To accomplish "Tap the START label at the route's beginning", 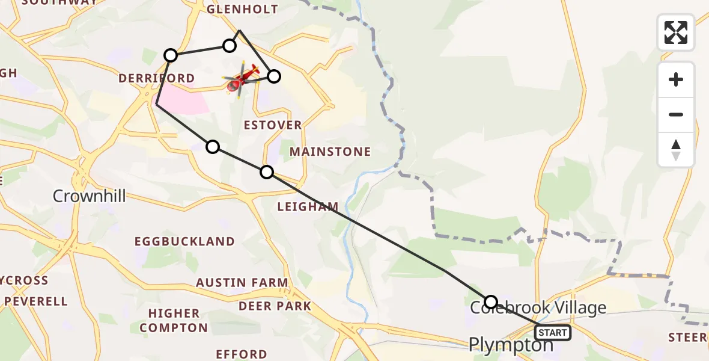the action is [x=553, y=332].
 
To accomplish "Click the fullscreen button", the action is [x=676, y=32].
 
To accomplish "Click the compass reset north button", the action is [x=676, y=150].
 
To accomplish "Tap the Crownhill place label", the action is [x=89, y=196].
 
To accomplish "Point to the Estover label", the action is [x=273, y=125].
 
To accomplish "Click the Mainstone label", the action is [x=330, y=152].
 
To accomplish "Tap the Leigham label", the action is [x=308, y=206].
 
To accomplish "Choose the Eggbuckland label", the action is [x=184, y=241].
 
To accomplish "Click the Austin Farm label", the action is [x=242, y=282].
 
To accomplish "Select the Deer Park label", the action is [x=275, y=306].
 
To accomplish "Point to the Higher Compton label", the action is [x=174, y=320].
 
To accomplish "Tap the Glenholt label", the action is [x=242, y=9].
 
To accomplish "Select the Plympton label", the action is [x=511, y=344].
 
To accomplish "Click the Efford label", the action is [x=241, y=354].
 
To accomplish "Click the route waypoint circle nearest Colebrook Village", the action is [x=491, y=301].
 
